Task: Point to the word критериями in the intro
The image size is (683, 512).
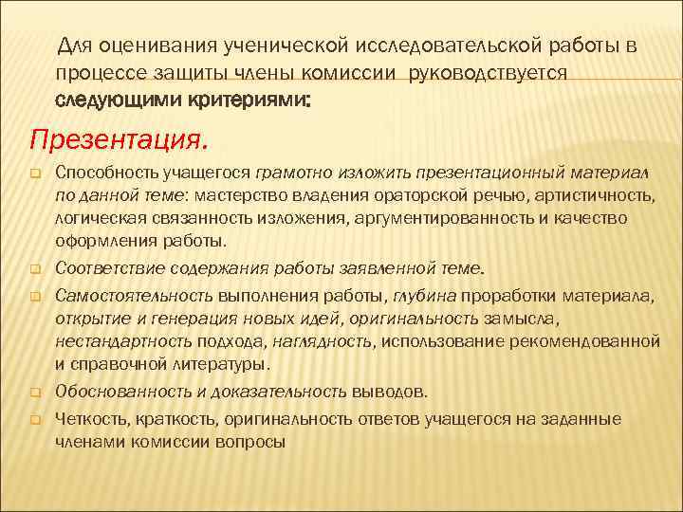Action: [229, 100]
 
